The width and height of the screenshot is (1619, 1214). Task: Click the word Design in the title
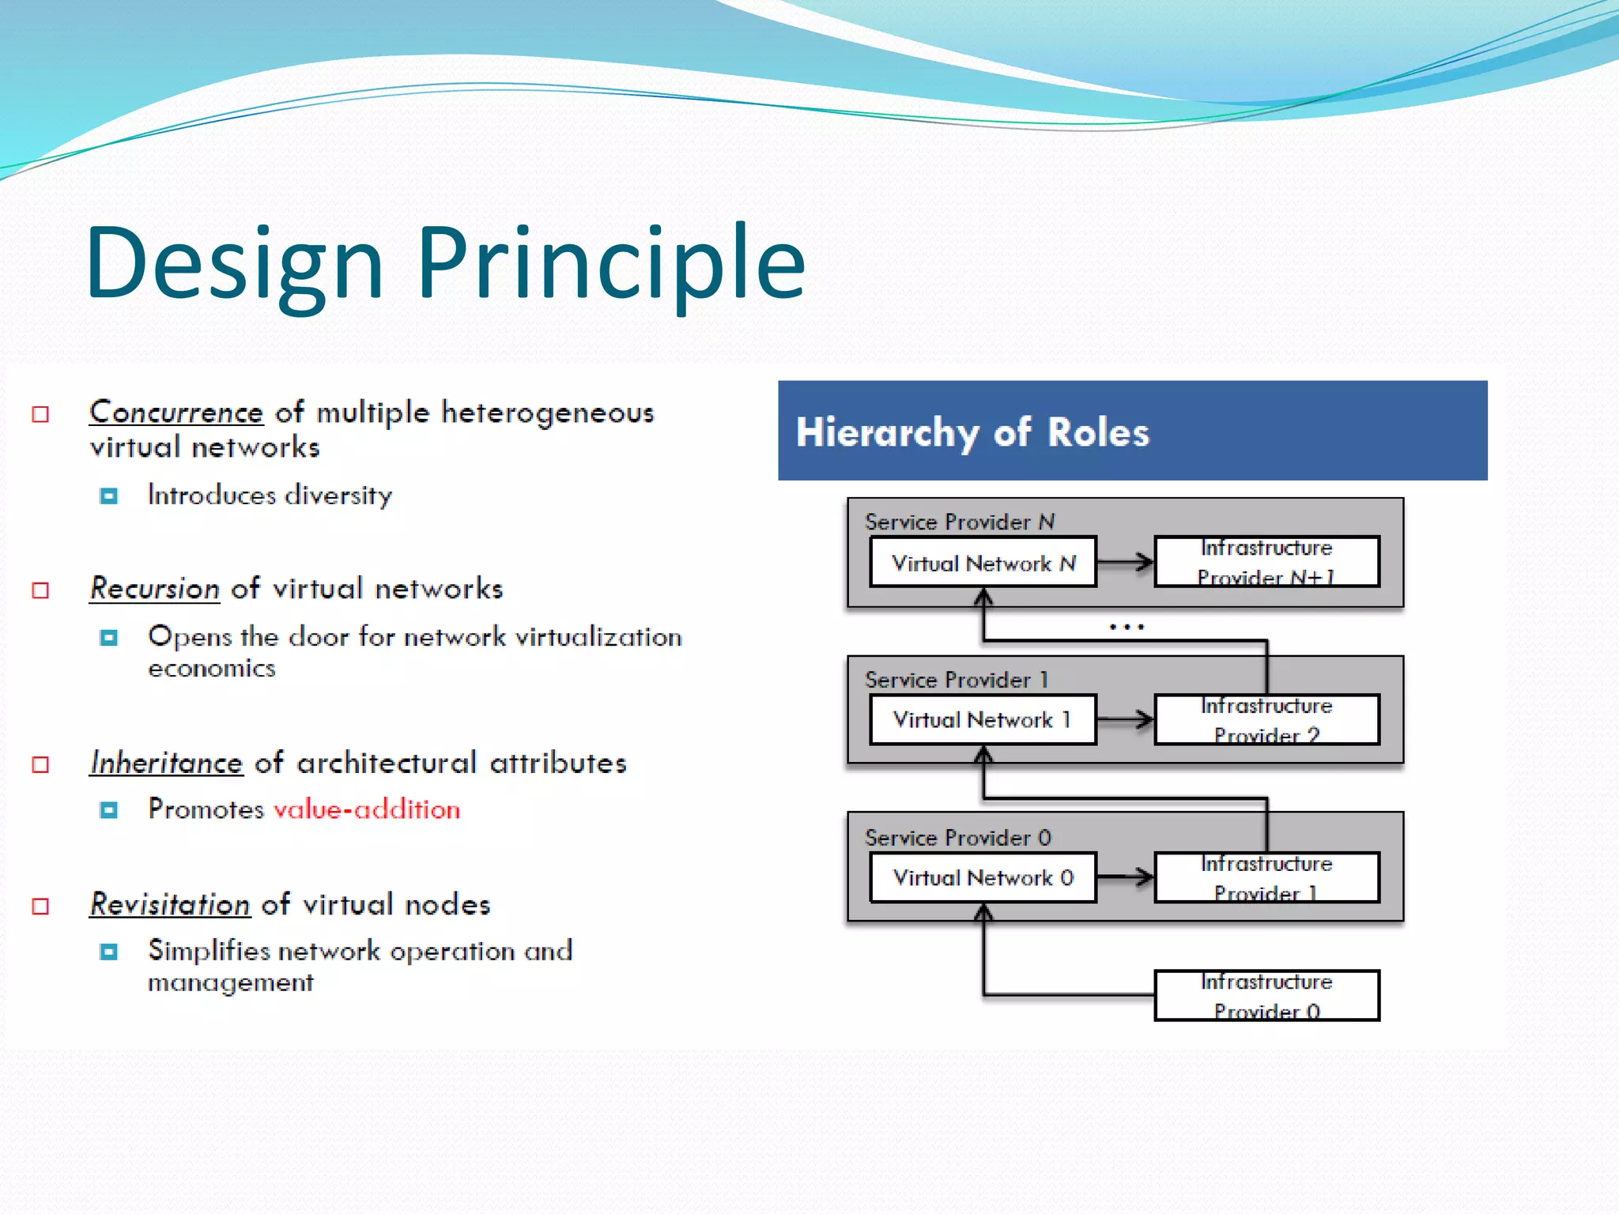(x=235, y=263)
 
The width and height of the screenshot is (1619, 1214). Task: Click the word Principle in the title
(x=610, y=263)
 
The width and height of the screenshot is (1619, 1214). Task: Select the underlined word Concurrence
(x=175, y=413)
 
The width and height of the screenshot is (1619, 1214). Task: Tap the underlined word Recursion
(x=154, y=589)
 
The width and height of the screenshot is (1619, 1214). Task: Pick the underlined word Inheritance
(x=166, y=763)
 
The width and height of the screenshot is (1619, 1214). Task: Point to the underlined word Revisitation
(x=170, y=905)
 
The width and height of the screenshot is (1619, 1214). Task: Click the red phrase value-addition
(x=367, y=810)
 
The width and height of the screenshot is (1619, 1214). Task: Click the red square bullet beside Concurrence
(x=40, y=414)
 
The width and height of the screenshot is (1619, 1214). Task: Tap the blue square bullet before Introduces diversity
(x=109, y=496)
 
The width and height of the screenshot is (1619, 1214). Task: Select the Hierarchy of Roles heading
(x=972, y=432)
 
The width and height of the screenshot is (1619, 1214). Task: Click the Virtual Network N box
(x=983, y=563)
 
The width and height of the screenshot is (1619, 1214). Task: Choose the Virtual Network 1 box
(x=983, y=720)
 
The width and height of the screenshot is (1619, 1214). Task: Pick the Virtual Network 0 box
(x=983, y=877)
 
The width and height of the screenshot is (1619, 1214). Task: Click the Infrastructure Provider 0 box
(x=1266, y=996)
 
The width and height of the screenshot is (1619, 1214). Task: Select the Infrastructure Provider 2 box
(x=1266, y=720)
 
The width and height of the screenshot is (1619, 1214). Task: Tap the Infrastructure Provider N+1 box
(x=1266, y=562)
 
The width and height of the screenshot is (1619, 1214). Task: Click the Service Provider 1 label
(x=957, y=680)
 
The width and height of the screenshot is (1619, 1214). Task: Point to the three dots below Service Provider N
(x=1127, y=627)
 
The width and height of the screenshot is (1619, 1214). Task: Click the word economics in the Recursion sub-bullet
(x=212, y=669)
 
